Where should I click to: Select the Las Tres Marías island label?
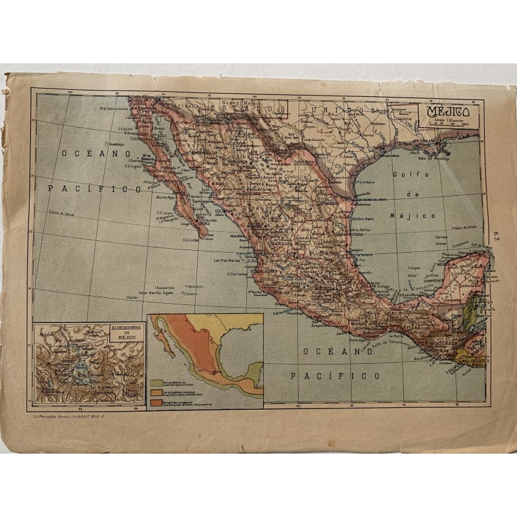point(228,261)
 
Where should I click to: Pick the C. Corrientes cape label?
point(237,273)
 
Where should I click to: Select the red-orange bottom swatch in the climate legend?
point(156,402)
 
